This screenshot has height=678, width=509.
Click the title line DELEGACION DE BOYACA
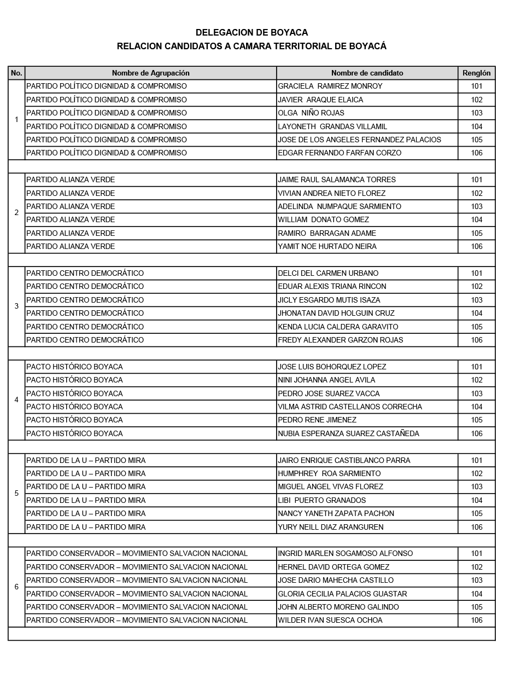(x=251, y=33)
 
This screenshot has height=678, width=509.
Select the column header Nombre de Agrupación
(x=150, y=73)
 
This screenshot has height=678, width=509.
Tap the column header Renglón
(x=476, y=73)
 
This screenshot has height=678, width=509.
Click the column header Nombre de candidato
(x=367, y=73)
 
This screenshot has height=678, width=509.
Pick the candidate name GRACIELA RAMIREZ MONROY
(x=330, y=86)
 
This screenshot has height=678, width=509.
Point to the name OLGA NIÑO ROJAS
(x=311, y=113)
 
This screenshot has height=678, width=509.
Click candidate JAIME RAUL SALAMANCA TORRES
(x=337, y=179)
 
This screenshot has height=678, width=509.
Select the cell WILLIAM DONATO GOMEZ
(x=323, y=220)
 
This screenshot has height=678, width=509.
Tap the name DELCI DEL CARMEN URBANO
(x=328, y=273)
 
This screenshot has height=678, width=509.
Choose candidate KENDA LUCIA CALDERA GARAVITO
(x=338, y=327)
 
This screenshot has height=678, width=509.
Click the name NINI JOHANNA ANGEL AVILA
(x=326, y=380)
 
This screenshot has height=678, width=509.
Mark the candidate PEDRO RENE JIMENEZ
(x=317, y=420)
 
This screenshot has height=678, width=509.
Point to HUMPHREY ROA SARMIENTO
(x=329, y=473)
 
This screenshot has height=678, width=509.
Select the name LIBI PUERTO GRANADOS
(x=321, y=500)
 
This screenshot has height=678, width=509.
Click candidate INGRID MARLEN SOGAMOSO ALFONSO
(x=345, y=553)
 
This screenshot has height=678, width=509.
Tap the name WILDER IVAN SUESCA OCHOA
(x=330, y=620)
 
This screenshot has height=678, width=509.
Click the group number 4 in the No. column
(x=16, y=400)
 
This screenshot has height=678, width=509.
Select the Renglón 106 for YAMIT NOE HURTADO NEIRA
(x=476, y=247)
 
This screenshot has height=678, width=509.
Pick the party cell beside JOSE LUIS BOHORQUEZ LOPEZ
(x=75, y=367)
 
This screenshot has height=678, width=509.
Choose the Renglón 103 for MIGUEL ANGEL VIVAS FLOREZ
(x=476, y=486)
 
